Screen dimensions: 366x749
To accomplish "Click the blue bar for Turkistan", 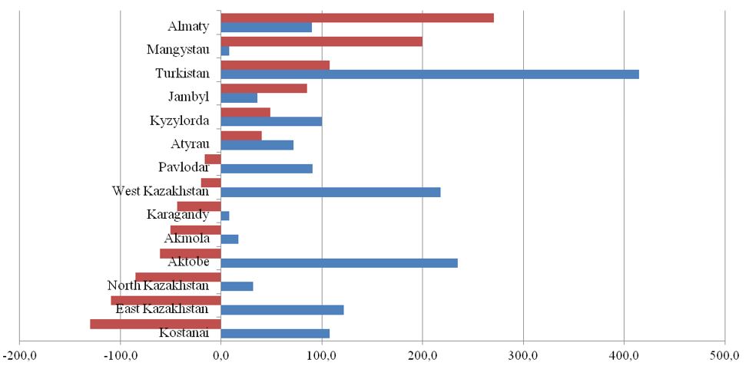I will [429, 74].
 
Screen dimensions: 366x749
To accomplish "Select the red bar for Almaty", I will [357, 18].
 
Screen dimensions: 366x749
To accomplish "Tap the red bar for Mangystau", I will [321, 41].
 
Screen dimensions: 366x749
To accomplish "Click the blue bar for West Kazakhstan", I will [330, 192].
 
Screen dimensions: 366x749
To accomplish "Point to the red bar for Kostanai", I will [156, 324].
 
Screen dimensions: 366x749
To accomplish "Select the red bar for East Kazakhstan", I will [166, 300].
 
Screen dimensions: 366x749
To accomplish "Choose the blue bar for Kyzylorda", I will [271, 121].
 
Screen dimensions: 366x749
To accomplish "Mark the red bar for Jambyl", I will [263, 88].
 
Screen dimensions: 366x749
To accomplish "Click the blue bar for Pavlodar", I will [267, 169].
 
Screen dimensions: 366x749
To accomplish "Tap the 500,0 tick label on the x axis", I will [724, 356].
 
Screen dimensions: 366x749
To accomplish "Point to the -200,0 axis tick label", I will [19, 356].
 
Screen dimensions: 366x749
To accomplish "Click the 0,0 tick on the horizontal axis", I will [220, 356].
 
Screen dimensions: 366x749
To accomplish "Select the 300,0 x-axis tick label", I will [523, 356].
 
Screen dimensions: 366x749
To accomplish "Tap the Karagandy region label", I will [177, 214].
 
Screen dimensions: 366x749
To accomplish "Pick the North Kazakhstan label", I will [158, 286].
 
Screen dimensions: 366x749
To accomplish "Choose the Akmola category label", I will [187, 238].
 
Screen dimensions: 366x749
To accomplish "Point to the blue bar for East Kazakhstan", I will [282, 310].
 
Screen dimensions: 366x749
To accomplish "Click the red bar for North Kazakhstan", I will [178, 277].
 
